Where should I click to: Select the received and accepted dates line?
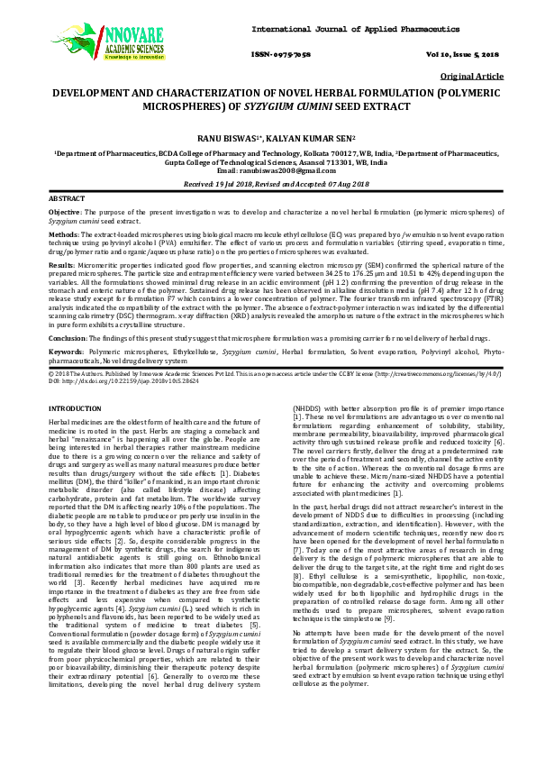tap(268, 183)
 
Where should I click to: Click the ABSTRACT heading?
tap(66, 197)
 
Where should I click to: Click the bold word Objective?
tap(65, 210)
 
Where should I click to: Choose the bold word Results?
tap(61, 267)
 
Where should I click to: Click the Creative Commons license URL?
tap(427, 372)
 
